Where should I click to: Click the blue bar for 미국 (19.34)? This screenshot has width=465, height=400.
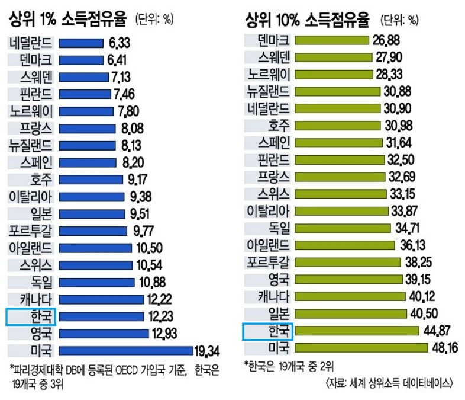(126, 349)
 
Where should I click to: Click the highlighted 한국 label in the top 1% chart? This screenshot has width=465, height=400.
(30, 316)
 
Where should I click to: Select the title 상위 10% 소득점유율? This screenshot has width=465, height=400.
(307, 20)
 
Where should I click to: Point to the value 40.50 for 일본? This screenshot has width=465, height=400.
(424, 314)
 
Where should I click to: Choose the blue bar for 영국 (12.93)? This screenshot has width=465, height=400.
(104, 332)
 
